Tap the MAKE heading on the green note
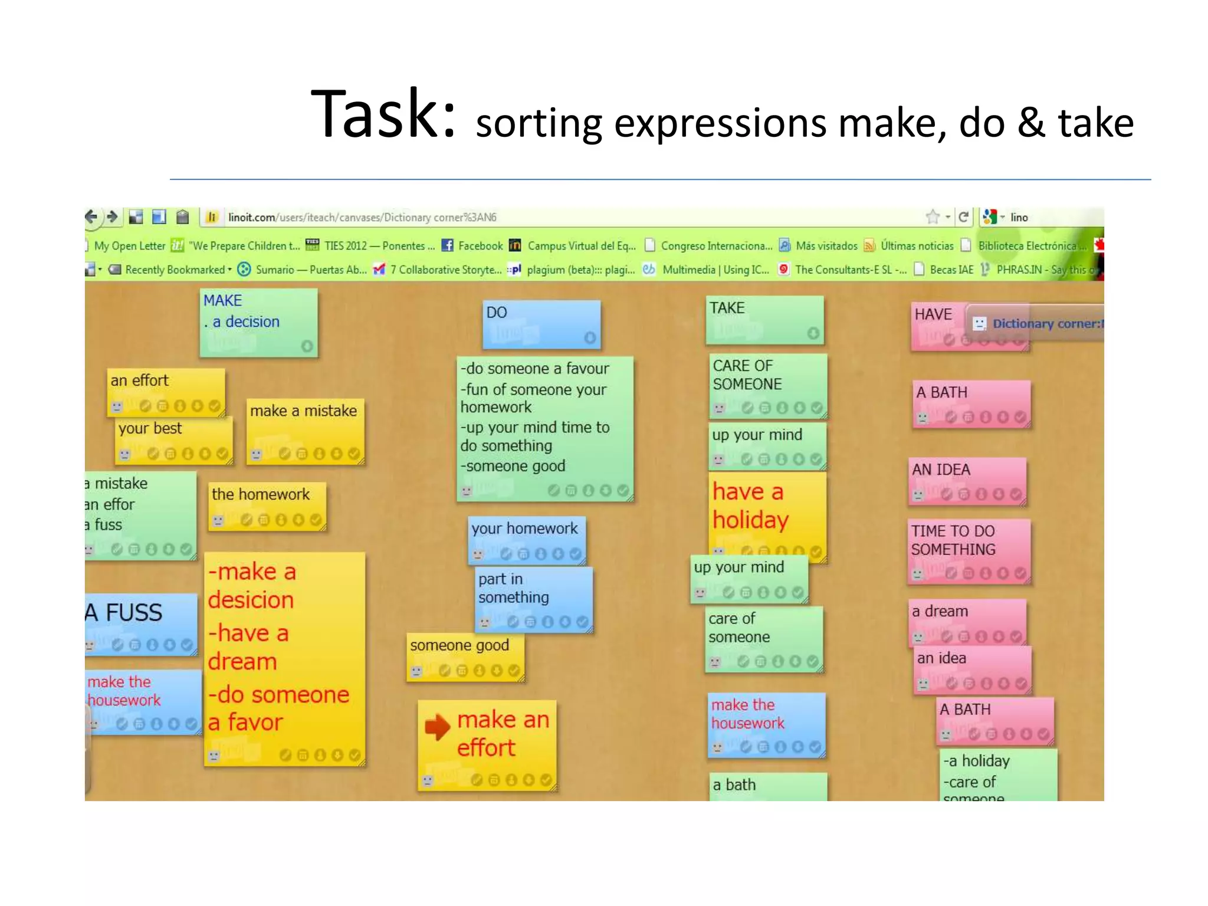tap(222, 301)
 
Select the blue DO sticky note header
tap(497, 313)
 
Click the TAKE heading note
tap(727, 308)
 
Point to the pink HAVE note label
tap(933, 314)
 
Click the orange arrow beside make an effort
tap(437, 727)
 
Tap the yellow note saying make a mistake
tap(303, 411)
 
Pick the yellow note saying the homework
tap(261, 494)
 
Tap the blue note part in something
tap(513, 588)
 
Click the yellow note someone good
tap(459, 645)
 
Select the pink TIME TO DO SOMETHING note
tap(953, 540)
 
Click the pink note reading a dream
tap(940, 612)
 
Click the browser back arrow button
tap(91, 217)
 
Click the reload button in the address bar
tap(963, 217)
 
